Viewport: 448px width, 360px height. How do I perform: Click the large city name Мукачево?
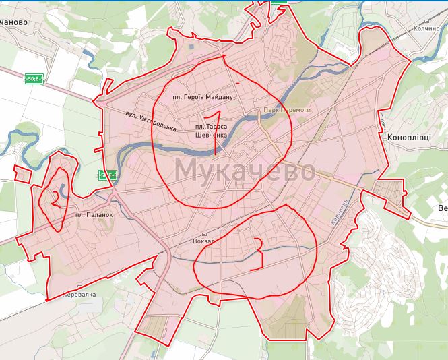click(x=245, y=170)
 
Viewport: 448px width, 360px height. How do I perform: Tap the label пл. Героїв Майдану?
click(x=202, y=97)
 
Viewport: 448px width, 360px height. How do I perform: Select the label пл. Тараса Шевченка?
click(x=212, y=130)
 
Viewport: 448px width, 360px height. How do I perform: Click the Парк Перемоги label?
click(x=287, y=109)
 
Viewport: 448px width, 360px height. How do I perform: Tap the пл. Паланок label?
click(x=93, y=214)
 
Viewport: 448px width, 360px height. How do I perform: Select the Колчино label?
click(x=426, y=28)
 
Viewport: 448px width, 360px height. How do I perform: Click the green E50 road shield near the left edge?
click(x=34, y=78)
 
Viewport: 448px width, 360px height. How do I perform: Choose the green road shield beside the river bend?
click(x=107, y=176)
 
